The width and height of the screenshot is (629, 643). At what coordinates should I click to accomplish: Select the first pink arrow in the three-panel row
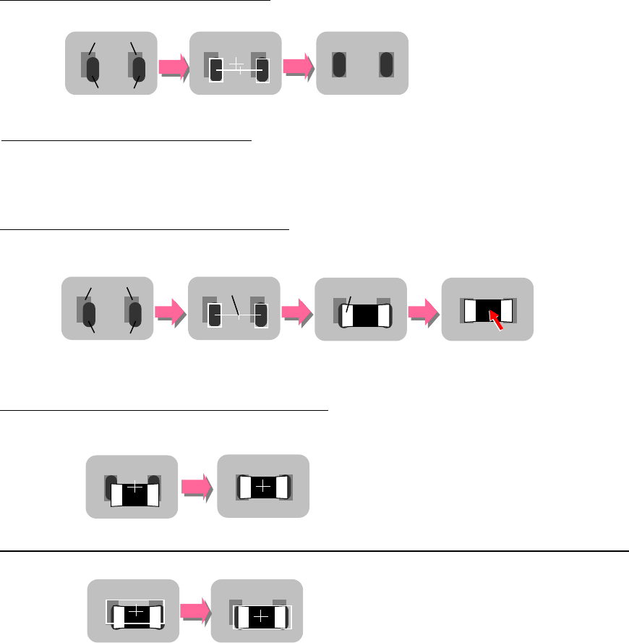tap(174, 67)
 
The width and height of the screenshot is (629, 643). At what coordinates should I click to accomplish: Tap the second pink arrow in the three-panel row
tap(299, 67)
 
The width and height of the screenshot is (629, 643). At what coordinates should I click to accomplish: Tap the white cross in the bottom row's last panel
tap(261, 616)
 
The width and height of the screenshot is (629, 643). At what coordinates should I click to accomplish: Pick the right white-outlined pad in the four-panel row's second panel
tap(261, 316)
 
